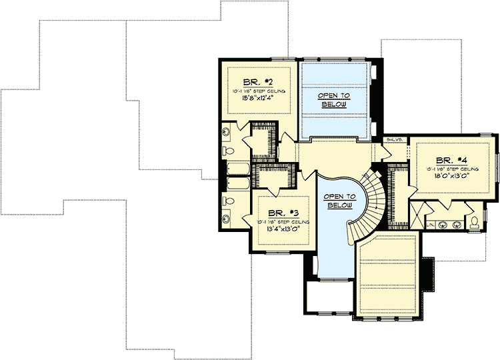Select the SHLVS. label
click(394, 140)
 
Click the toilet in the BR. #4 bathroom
click(474, 221)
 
